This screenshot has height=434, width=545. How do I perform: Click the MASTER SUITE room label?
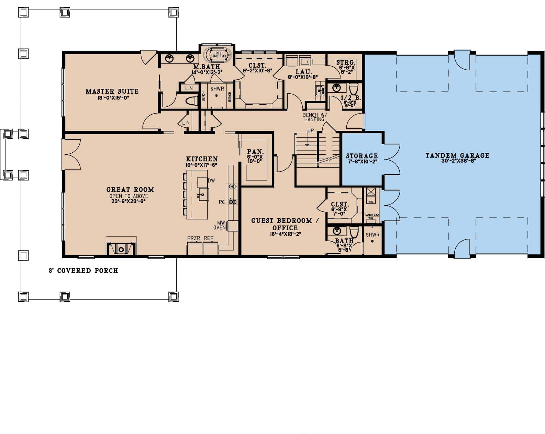click(x=112, y=91)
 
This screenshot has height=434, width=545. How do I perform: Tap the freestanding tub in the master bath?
click(x=218, y=55)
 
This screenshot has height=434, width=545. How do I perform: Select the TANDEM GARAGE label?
click(x=457, y=155)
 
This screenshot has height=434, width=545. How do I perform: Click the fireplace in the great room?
click(x=121, y=248)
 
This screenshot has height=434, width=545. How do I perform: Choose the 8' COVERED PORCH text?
click(x=83, y=271)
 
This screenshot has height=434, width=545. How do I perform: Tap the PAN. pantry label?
click(x=255, y=152)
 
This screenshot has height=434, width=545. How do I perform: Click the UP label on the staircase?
click(x=310, y=131)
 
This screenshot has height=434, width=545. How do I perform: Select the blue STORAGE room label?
click(x=362, y=156)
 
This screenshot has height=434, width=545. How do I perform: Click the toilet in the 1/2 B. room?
click(x=354, y=87)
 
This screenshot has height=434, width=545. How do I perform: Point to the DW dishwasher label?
click(x=211, y=180)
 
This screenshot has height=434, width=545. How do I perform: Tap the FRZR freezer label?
click(x=193, y=238)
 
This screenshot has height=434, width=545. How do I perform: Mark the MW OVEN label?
click(x=220, y=225)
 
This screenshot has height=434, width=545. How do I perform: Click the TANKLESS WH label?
click(x=372, y=216)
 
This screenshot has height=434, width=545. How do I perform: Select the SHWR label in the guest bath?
click(x=372, y=235)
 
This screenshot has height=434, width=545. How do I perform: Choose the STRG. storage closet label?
click(x=345, y=63)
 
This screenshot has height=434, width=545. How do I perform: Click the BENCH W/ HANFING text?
click(x=313, y=117)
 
